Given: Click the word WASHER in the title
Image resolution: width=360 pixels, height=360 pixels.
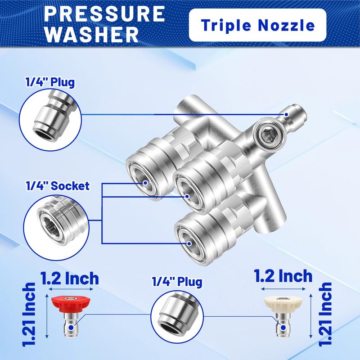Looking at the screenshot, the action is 92,34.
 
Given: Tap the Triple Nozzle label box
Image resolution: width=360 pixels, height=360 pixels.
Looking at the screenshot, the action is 257,25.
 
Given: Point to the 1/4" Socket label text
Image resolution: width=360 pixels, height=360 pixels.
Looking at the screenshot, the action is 58,186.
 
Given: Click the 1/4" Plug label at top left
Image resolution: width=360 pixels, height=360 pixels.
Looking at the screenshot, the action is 50,82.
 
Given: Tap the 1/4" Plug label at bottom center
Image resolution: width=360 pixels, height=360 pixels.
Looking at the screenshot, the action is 177,282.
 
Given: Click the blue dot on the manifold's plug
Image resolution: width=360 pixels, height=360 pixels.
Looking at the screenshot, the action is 286,114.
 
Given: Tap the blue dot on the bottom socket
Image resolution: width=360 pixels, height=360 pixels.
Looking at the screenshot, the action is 189,243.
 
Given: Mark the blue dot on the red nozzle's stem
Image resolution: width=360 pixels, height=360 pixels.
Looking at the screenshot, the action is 72,328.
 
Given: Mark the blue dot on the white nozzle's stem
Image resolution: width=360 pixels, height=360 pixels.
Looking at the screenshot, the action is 283,327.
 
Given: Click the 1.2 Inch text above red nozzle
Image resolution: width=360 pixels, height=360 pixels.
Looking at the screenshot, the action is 70,278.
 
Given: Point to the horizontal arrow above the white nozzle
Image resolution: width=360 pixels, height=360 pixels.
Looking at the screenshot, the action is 284,289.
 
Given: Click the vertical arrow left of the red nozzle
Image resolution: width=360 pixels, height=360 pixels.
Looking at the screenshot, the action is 47,316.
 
